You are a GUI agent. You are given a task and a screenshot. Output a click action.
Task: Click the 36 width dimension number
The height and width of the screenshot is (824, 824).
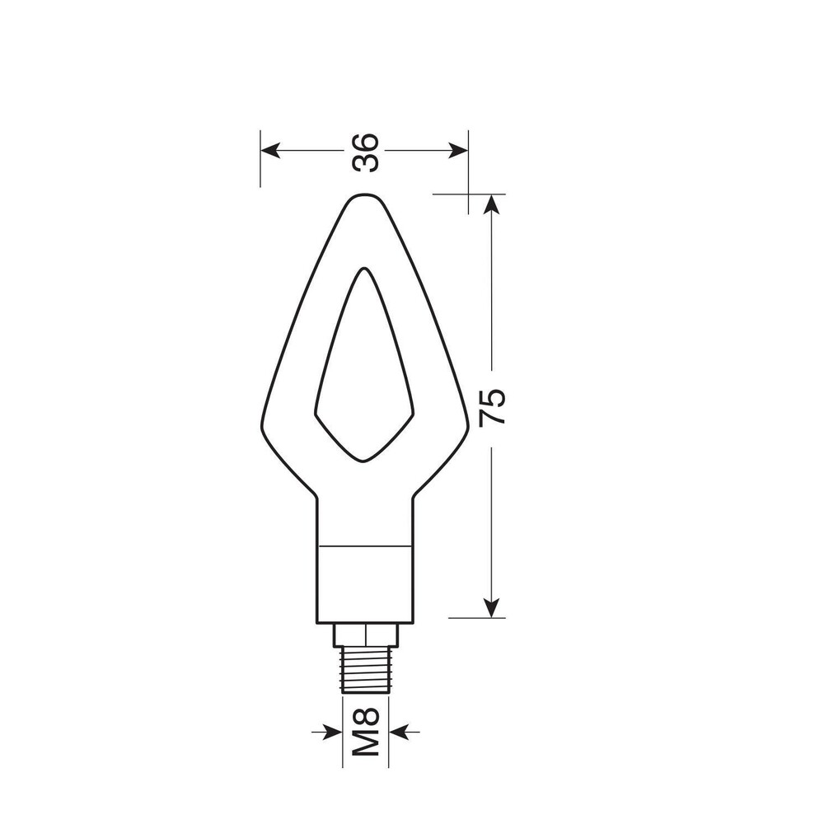[365, 152]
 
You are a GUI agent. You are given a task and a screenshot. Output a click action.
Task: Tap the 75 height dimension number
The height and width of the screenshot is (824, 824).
[493, 407]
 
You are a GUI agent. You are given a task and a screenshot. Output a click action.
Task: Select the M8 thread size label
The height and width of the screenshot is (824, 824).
[365, 731]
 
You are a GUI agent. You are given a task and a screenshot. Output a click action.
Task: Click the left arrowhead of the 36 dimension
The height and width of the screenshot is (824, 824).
[270, 151]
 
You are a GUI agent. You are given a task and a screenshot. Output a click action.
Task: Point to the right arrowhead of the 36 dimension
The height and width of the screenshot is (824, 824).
[458, 151]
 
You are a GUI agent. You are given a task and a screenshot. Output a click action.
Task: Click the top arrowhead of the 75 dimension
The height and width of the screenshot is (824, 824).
[491, 204]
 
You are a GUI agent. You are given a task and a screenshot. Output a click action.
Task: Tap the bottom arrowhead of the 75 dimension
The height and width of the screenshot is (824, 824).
[491, 608]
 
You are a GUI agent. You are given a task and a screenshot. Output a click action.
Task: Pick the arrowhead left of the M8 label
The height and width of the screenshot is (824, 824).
[332, 731]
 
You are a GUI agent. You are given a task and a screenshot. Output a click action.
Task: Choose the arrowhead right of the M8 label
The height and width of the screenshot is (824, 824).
[399, 731]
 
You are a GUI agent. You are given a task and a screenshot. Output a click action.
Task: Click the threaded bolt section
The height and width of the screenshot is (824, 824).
[365, 669]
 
